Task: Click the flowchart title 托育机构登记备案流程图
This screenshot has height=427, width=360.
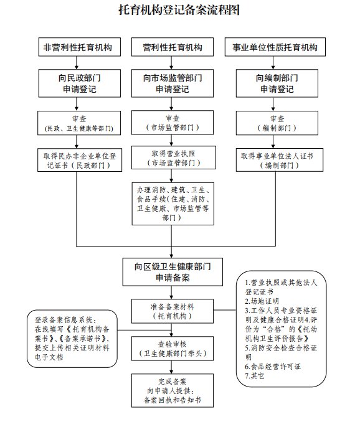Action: coord(179,10)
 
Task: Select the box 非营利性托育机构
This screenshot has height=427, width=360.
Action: coord(79,47)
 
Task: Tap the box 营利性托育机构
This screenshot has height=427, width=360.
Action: coord(173,47)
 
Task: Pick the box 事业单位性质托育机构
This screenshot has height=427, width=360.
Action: coord(275,47)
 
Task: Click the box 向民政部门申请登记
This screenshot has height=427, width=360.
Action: coord(79,83)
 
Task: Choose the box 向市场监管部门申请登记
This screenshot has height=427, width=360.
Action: coord(173,83)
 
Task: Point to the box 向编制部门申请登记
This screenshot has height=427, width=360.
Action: coord(277,83)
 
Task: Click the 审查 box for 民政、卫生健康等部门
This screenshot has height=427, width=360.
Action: coord(79,123)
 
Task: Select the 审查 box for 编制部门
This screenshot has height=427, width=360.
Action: coord(277,123)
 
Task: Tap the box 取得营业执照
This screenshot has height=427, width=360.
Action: coord(174,157)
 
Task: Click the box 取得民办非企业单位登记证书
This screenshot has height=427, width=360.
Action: coord(80,160)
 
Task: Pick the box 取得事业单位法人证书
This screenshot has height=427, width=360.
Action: coord(279,160)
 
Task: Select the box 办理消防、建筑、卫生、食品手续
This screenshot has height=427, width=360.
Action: coord(173,204)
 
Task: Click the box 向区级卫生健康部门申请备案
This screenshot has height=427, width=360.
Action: coord(173,272)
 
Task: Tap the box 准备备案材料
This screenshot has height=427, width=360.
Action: coord(173,311)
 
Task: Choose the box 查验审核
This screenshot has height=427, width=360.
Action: coord(173,349)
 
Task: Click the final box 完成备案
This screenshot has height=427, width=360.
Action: coord(173,391)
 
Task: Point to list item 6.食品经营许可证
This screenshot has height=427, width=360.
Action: coord(273,367)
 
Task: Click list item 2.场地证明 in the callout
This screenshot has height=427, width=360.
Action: coord(262,301)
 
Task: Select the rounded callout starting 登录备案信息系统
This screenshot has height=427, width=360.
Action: coord(72,339)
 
